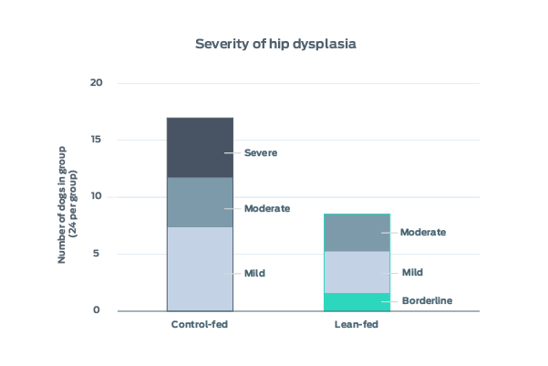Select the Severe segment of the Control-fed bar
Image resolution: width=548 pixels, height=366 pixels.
point(199,147)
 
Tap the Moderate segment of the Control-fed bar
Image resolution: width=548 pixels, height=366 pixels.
point(199,202)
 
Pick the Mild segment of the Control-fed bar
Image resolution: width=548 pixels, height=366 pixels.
point(199,268)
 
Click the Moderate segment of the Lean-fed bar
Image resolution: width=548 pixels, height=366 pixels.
point(357,233)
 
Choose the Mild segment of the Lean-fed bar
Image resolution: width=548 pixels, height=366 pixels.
point(357,272)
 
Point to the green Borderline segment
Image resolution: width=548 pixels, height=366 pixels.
point(357,302)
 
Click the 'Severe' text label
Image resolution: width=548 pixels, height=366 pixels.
point(260,152)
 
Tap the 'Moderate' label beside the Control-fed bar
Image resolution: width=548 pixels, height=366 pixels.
point(266,208)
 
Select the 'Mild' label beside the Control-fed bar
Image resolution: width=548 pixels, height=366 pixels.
point(254,273)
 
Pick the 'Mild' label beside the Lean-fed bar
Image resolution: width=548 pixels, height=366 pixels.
point(412,272)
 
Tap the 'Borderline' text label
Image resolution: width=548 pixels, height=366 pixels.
point(427,301)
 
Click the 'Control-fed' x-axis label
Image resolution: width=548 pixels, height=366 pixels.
point(199,325)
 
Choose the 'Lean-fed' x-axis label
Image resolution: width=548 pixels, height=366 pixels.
point(357,325)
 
